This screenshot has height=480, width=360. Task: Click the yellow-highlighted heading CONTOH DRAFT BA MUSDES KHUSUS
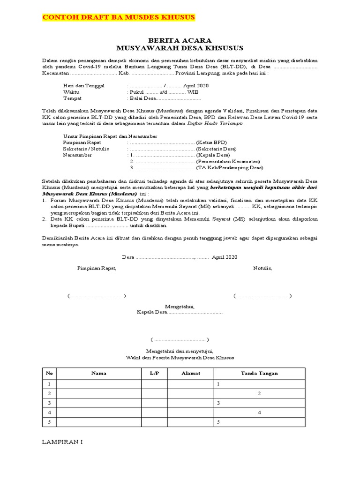[119, 17]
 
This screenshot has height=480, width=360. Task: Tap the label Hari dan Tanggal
[84, 86]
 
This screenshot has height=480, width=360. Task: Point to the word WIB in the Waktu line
[193, 92]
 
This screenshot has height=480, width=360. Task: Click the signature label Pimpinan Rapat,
[97, 268]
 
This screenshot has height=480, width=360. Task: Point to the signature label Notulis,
[262, 268]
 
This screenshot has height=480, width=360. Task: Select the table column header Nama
[99, 373]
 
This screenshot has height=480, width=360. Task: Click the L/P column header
[155, 373]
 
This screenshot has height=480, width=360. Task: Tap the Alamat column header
[191, 373]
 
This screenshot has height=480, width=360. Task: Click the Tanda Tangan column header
[259, 373]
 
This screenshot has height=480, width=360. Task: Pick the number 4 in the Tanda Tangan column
[259, 412]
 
